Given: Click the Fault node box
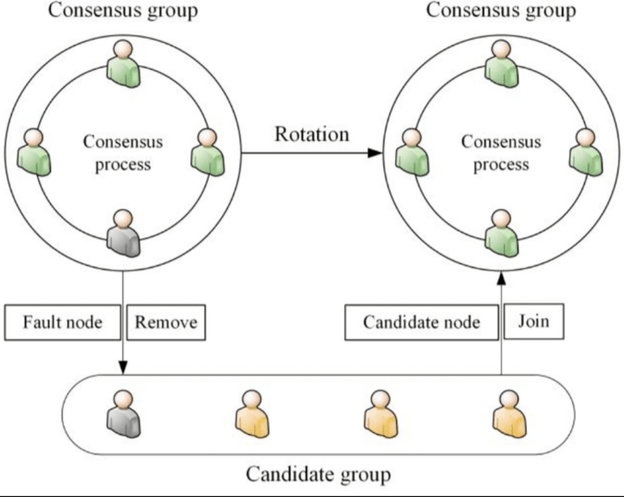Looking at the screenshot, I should [62, 322].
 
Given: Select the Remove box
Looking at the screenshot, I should [166, 322].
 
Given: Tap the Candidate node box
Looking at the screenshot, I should [421, 322].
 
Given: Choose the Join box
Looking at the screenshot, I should [533, 320].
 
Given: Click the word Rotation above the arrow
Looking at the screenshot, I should [311, 134].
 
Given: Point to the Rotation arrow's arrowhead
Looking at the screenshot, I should [376, 153].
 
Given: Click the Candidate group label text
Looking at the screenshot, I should [318, 474].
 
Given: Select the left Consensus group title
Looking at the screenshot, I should [122, 10].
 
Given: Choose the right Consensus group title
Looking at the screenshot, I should [501, 10].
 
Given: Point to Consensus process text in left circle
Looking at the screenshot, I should [123, 153].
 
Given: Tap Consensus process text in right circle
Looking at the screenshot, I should [501, 153].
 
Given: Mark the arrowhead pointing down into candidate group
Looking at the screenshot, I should [123, 368].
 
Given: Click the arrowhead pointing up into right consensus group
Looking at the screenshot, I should [501, 278].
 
